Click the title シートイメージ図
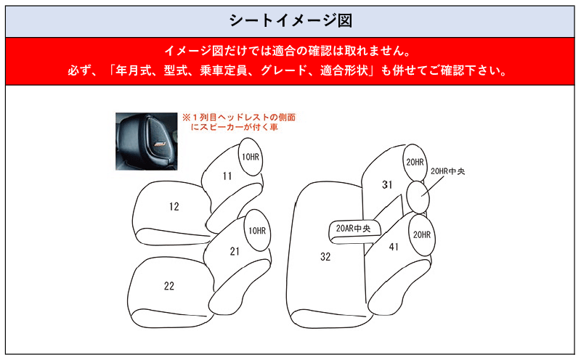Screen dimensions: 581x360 290,20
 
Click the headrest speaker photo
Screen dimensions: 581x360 147,142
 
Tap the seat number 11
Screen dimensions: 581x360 227,176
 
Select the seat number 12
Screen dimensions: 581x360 174,206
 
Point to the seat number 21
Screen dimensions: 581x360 235,251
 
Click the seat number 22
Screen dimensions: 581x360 169,286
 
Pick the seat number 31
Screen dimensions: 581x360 387,184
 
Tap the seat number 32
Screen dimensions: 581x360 325,257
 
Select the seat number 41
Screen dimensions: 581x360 394,247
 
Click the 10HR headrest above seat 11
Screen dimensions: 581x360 251,157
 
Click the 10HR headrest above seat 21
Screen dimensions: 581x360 257,230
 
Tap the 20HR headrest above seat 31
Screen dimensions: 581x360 415,163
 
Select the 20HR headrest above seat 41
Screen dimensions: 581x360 422,235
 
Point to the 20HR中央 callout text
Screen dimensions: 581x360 447,171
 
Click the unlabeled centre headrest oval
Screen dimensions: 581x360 418,197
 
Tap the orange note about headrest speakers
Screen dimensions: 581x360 239,122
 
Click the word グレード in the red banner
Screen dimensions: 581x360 278,70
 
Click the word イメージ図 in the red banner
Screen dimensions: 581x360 193,50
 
